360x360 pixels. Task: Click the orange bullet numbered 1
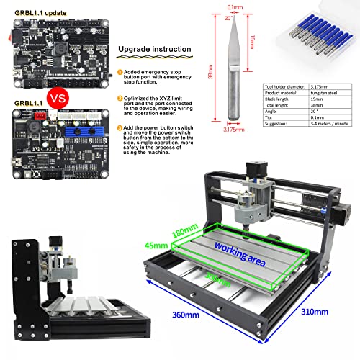click(119, 73)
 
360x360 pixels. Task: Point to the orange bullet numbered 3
click(119, 127)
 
